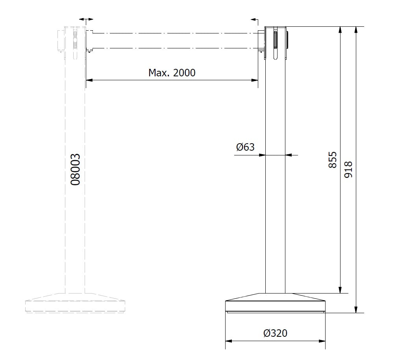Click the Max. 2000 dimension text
tap(172, 73)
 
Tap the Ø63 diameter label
tap(245, 147)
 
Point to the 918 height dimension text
tap(348, 170)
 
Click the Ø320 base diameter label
tap(275, 333)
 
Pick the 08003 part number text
tap(75, 170)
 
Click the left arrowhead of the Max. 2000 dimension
tap(89, 80)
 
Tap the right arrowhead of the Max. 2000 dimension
tap(255, 80)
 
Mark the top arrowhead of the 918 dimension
tap(356, 30)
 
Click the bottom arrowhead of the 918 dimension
tap(356, 310)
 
